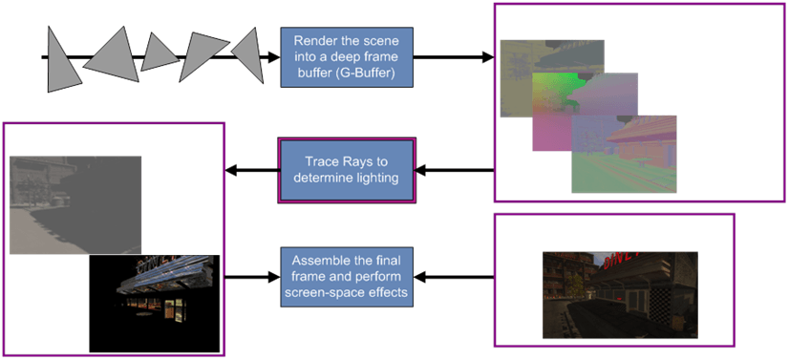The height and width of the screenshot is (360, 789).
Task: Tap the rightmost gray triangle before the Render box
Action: point(249,53)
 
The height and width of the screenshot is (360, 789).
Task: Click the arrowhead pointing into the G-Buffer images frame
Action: point(487,58)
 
